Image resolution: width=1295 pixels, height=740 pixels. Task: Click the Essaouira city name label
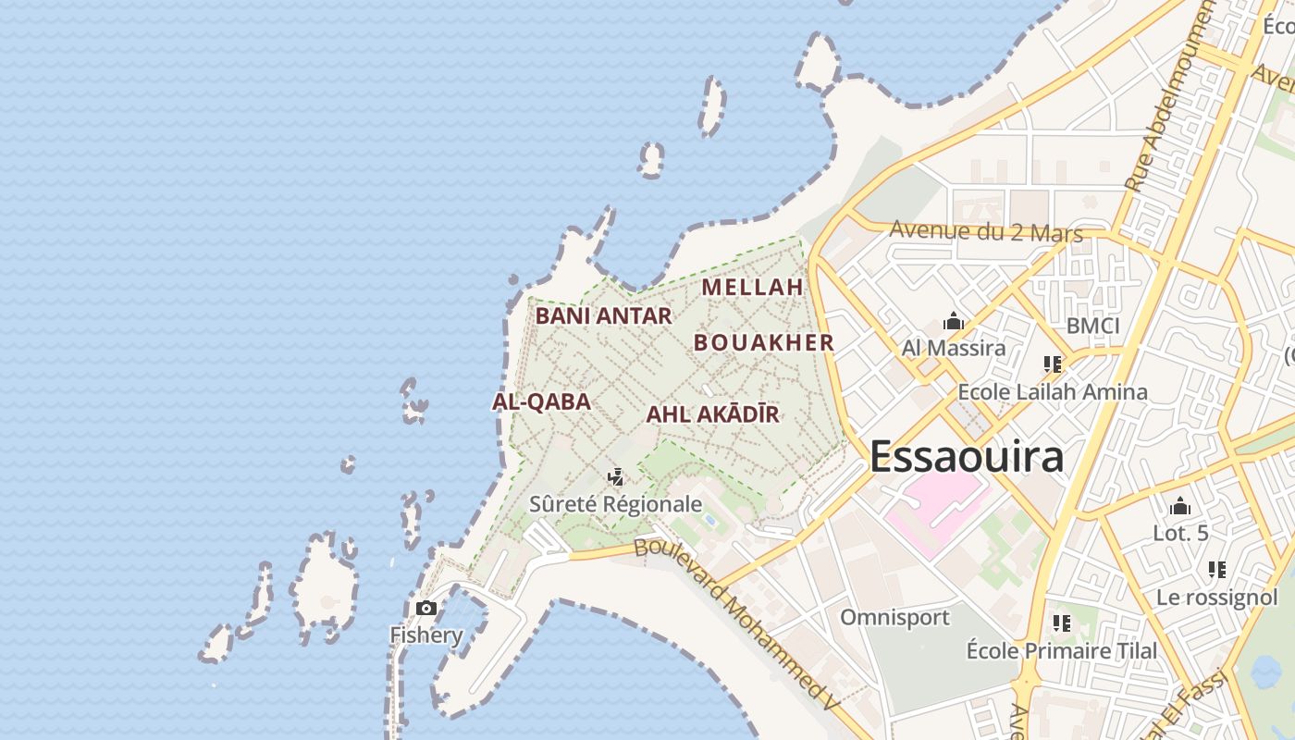pos(967,457)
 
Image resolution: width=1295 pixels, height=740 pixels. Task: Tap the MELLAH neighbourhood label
pos(752,287)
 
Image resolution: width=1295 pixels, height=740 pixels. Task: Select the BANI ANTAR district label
pos(603,315)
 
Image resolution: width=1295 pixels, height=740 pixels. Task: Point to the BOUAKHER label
pos(764,342)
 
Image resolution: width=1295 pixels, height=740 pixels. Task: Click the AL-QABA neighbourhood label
pos(541,401)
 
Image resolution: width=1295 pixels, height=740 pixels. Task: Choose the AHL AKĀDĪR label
pos(712,414)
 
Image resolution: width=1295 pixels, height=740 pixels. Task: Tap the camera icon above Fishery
pos(425,608)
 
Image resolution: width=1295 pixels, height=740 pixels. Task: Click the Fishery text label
pos(425,635)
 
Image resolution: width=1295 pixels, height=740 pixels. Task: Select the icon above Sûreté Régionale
pos(615,477)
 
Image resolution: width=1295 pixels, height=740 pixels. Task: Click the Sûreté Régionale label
pos(615,504)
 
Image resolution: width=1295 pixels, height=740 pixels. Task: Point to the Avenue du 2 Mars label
pos(986,231)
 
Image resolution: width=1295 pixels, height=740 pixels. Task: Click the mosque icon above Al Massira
pos(953,322)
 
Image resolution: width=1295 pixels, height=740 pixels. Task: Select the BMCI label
pos(1092,326)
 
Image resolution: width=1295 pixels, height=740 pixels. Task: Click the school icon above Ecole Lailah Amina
pos(1052,364)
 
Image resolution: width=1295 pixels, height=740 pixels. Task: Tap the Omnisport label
pos(894,617)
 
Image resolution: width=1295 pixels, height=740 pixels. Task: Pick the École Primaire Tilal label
pos(1061,651)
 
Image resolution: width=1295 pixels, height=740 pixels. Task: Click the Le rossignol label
pos(1216,598)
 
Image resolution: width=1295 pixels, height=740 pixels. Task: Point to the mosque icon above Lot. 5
pos(1180,506)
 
